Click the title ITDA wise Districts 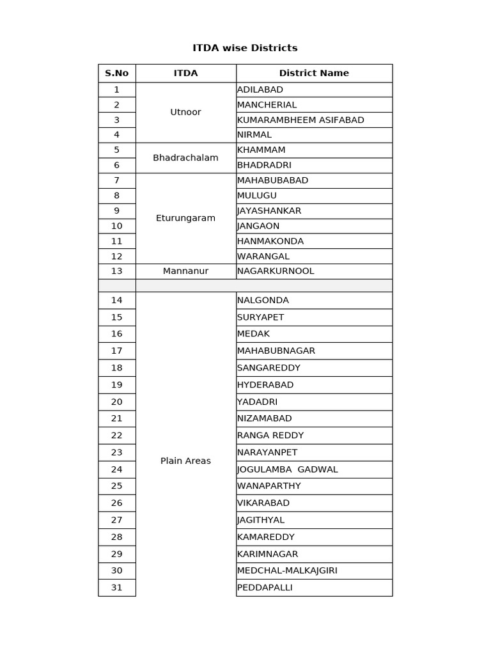pyautogui.click(x=245, y=48)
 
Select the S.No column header pyautogui.click(x=117, y=73)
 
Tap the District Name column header pyautogui.click(x=314, y=73)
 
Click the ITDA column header pyautogui.click(x=185, y=73)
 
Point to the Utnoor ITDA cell pyautogui.click(x=185, y=112)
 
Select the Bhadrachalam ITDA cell pyautogui.click(x=185, y=157)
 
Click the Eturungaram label pyautogui.click(x=185, y=218)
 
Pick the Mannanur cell pyautogui.click(x=185, y=271)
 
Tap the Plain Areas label pyautogui.click(x=185, y=461)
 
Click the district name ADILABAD pyautogui.click(x=260, y=90)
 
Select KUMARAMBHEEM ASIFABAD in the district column pyautogui.click(x=300, y=120)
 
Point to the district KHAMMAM pyautogui.click(x=261, y=150)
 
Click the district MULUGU pyautogui.click(x=257, y=195)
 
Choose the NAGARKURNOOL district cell pyautogui.click(x=276, y=271)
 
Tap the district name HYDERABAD pyautogui.click(x=265, y=384)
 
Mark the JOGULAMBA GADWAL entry pyautogui.click(x=287, y=469)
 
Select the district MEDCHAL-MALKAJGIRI pyautogui.click(x=287, y=571)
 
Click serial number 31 pyautogui.click(x=117, y=587)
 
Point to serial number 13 pyautogui.click(x=117, y=271)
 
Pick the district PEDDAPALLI pyautogui.click(x=265, y=587)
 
